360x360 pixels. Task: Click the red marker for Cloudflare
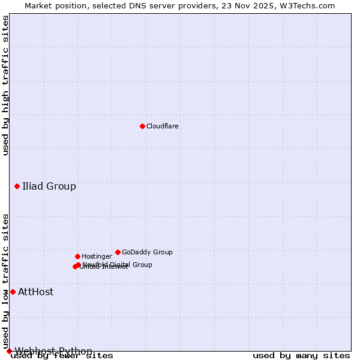(x=142, y=126)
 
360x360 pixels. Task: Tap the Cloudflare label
(x=163, y=127)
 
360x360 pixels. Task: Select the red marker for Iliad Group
(x=17, y=186)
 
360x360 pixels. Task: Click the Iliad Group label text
(x=49, y=186)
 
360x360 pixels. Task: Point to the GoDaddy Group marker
(x=118, y=252)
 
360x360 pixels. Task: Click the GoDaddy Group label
(x=147, y=253)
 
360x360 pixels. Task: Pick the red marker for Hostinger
(x=77, y=256)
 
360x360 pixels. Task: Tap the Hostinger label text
(x=97, y=257)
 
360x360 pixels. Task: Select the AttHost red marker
(x=13, y=292)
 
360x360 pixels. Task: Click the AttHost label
(x=35, y=292)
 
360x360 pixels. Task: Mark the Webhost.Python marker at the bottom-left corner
(x=9, y=351)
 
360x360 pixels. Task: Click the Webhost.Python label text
(x=53, y=351)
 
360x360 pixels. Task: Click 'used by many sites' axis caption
(x=301, y=356)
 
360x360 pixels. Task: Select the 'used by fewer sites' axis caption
(x=62, y=356)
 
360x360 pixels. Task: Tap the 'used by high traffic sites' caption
(x=5, y=85)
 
